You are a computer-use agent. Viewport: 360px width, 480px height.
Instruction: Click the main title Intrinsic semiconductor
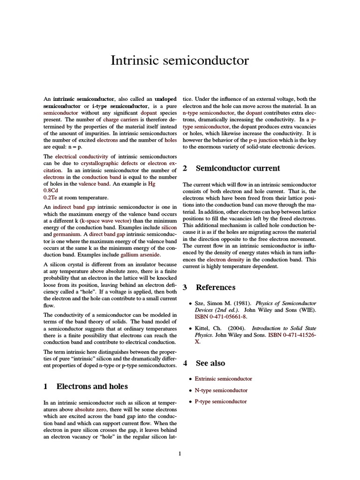pos(180,60)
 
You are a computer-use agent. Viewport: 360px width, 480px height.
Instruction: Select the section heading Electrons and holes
pos(92,386)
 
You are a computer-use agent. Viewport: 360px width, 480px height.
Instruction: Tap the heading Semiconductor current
pos(238,168)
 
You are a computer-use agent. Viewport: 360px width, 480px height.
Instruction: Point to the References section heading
pos(215,287)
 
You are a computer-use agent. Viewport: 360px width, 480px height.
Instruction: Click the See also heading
pos(210,363)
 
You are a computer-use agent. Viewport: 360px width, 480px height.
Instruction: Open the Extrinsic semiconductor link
pos(223,378)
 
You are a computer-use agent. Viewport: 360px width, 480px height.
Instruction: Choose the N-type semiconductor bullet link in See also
pos(221,390)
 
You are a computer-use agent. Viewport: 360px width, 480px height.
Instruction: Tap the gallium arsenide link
pos(140,255)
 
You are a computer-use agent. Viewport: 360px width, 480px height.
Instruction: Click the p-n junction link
pos(265,140)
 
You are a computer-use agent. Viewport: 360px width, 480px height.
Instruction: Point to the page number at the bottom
pos(180,453)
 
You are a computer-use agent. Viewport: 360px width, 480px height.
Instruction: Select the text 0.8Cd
pos(51,191)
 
